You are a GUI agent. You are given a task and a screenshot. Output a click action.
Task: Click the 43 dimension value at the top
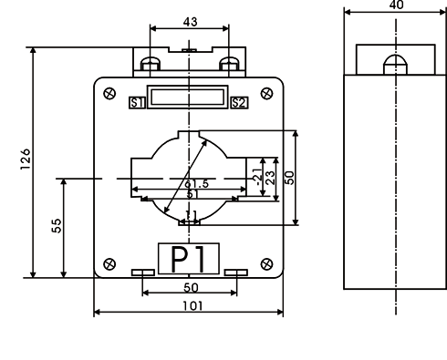(191, 22)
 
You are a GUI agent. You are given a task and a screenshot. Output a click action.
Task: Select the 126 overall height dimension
(26, 159)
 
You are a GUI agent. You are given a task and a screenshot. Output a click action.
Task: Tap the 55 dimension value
(57, 226)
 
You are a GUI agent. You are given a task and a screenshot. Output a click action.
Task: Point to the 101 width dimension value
(192, 305)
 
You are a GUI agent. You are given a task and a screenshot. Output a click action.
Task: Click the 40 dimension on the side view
(396, 5)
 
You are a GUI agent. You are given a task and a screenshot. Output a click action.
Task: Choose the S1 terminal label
(137, 103)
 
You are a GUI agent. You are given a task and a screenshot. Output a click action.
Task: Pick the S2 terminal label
(239, 103)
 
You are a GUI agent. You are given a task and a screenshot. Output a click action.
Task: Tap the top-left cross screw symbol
(109, 93)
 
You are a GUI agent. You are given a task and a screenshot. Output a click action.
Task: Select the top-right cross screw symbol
(266, 93)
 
